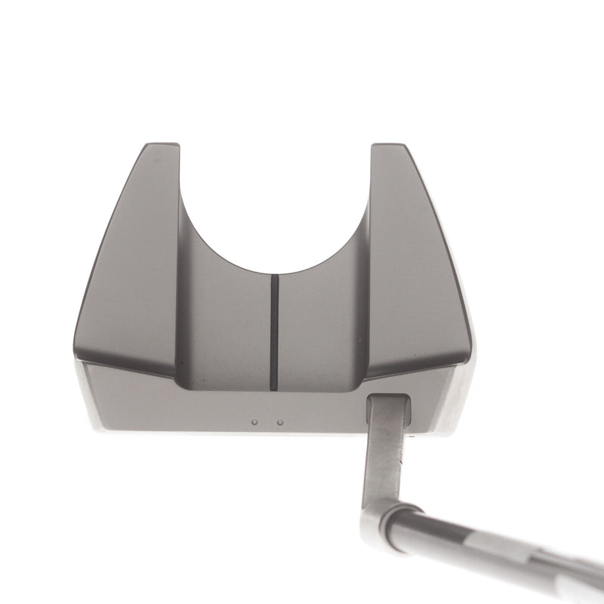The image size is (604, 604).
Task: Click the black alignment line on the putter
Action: pyautogui.click(x=274, y=332)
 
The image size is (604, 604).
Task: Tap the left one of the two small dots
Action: pyautogui.click(x=255, y=423)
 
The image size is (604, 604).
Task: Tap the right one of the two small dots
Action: pyautogui.click(x=280, y=423)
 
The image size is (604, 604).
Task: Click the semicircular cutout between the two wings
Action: pyautogui.click(x=276, y=211)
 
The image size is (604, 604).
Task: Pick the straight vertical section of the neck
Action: pyautogui.click(x=384, y=461)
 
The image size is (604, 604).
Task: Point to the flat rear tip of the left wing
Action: pyautogui.click(x=156, y=145)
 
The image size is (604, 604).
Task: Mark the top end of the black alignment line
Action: pyautogui.click(x=274, y=276)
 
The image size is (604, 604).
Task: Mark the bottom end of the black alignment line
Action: pyautogui.click(x=274, y=389)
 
